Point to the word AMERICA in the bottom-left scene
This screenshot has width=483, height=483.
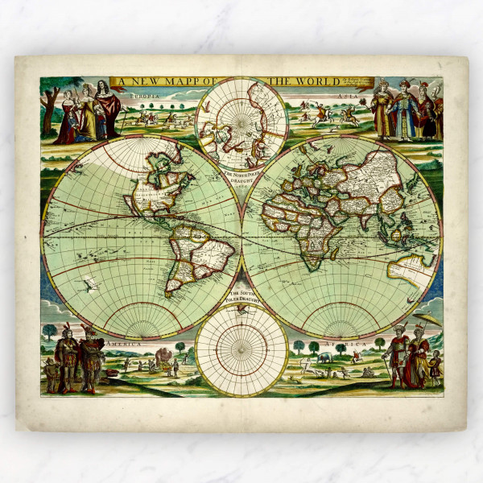(129, 344)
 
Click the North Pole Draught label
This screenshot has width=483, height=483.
(242, 178)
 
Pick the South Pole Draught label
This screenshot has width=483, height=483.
(242, 299)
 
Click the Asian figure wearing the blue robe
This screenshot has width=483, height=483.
(402, 113)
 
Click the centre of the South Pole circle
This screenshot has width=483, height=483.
(242, 351)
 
